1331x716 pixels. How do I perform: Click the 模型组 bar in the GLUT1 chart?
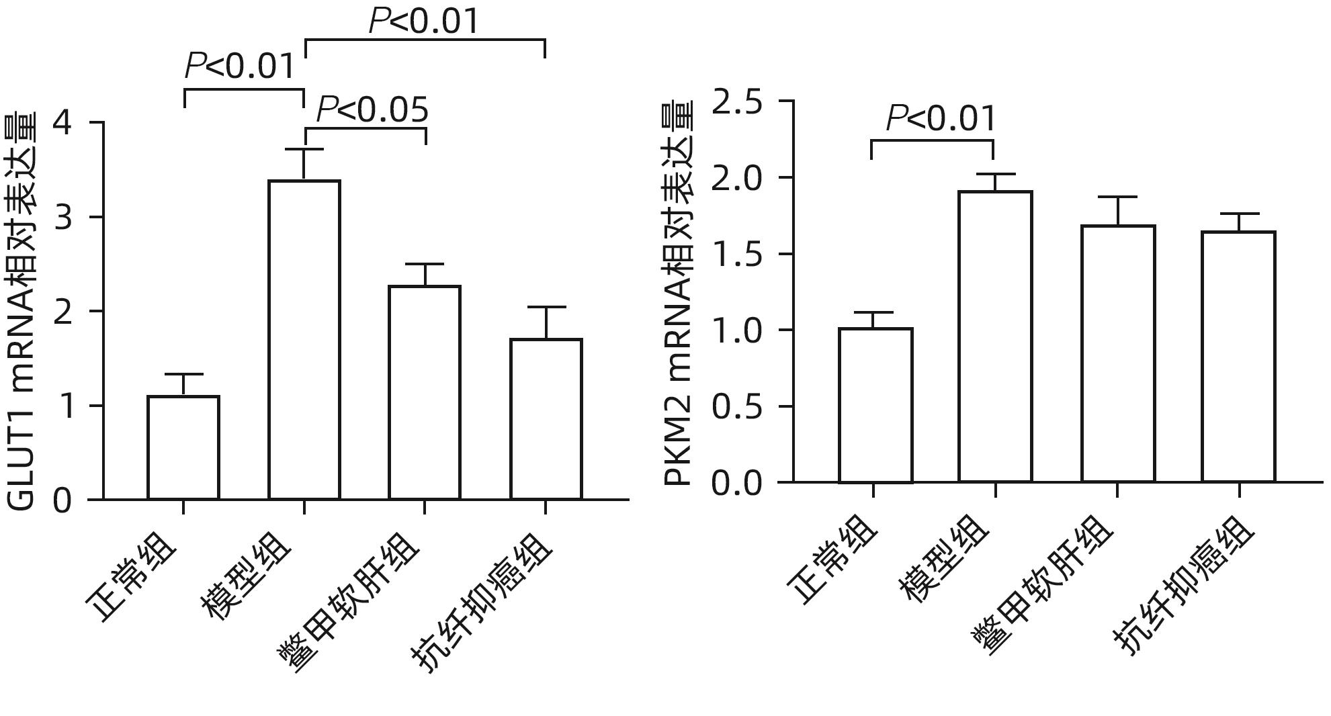pos(304,339)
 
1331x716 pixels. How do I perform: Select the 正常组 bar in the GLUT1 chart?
pos(183,447)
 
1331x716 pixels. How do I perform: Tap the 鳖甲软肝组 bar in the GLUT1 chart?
pos(425,392)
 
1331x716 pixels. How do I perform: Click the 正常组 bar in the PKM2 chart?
pos(875,405)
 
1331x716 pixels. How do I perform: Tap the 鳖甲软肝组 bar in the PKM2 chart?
pos(1118,353)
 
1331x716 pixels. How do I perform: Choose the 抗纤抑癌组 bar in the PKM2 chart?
pos(1238,356)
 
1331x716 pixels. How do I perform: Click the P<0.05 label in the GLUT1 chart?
pos(372,109)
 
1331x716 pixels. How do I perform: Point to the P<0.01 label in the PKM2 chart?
pos(941,119)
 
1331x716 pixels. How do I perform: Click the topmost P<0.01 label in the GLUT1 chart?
pos(424,21)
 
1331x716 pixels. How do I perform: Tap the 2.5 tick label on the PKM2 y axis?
pos(737,103)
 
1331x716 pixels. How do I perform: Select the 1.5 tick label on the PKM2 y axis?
pos(737,255)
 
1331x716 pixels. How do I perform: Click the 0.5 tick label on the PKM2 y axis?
pos(737,407)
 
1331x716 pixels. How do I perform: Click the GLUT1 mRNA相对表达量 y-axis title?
pos(22,312)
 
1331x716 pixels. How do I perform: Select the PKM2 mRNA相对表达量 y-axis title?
pos(678,294)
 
